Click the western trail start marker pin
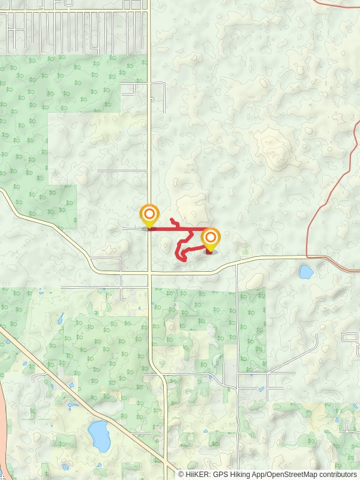pyautogui.click(x=149, y=215)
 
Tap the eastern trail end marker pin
pyautogui.click(x=210, y=239)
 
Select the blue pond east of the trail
pyautogui.click(x=306, y=272)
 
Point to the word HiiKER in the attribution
pyautogui.click(x=199, y=474)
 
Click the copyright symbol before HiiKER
pyautogui.click(x=181, y=474)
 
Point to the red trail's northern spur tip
pyautogui.click(x=172, y=220)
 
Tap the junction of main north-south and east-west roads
pyautogui.click(x=150, y=272)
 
